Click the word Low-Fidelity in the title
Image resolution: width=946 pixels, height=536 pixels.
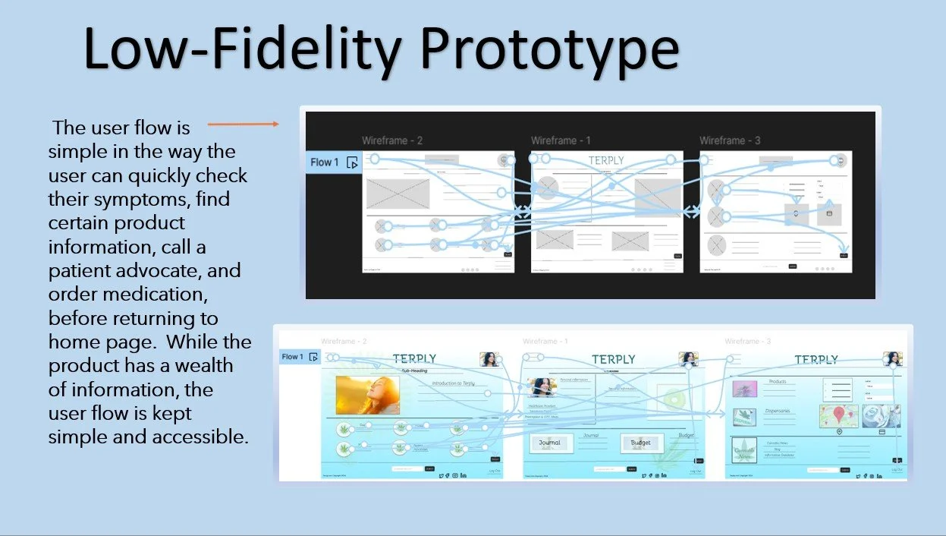[242, 50]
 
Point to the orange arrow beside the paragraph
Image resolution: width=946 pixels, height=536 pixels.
[243, 124]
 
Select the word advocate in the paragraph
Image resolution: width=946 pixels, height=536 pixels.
[145, 271]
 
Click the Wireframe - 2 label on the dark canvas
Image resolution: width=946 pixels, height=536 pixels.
[392, 140]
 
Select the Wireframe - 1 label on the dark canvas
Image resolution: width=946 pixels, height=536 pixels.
[561, 140]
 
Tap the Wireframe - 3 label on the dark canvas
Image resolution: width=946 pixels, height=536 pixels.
[730, 140]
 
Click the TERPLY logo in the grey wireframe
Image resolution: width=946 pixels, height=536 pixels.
[606, 161]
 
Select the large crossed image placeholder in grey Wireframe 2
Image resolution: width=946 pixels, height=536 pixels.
[398, 194]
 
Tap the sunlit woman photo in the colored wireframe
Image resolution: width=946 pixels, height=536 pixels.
[367, 395]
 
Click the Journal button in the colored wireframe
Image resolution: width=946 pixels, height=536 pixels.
[549, 443]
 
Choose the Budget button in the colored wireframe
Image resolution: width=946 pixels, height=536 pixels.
[641, 443]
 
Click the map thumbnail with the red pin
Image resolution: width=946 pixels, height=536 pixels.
[838, 415]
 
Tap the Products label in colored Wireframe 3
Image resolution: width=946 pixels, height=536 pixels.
[777, 382]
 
